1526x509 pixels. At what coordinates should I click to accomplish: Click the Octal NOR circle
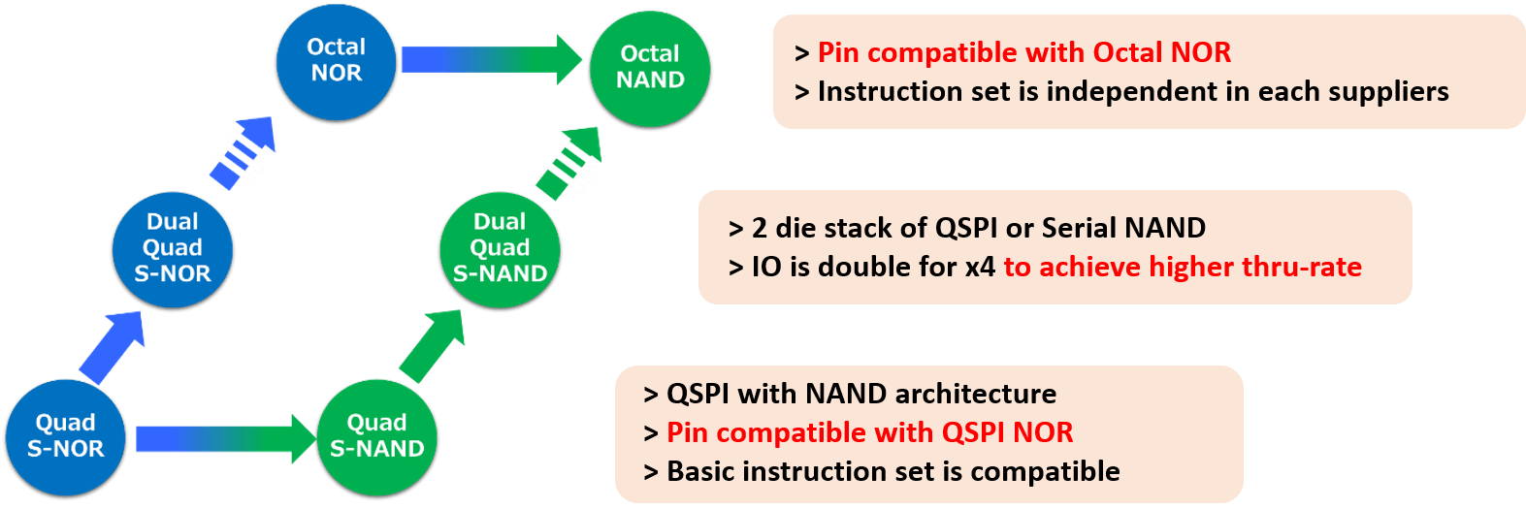(x=336, y=60)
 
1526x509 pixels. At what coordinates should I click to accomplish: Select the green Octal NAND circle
(x=650, y=67)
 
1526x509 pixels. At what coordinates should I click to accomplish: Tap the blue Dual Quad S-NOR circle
(x=173, y=248)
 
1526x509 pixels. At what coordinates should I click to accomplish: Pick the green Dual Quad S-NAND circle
(x=500, y=248)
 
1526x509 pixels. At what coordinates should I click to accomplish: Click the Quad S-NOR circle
(x=65, y=436)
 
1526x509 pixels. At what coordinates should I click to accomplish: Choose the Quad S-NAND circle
(x=377, y=436)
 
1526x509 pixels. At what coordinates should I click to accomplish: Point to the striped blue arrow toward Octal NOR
(x=244, y=151)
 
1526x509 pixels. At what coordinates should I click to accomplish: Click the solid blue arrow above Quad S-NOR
(x=113, y=346)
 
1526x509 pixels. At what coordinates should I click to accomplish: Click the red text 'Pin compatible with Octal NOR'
(x=1023, y=52)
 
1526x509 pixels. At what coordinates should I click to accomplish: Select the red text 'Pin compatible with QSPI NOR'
(x=869, y=432)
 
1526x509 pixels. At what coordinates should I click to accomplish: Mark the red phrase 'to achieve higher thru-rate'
(x=1183, y=267)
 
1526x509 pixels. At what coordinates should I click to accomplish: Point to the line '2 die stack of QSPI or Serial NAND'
(x=978, y=228)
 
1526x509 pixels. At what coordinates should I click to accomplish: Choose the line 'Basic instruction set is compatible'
(x=893, y=471)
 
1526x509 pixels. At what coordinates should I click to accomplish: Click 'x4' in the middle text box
(x=980, y=268)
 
